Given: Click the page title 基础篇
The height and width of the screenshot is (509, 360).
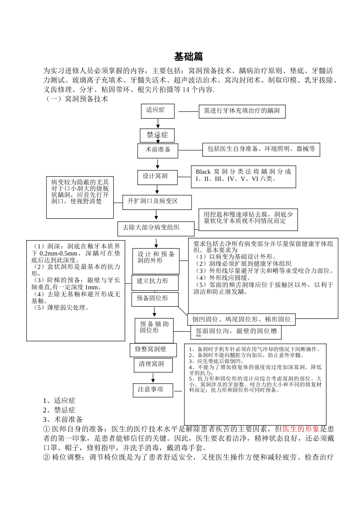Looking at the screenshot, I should (x=188, y=57).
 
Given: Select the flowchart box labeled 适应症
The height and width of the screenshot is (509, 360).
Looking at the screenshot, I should (x=158, y=111).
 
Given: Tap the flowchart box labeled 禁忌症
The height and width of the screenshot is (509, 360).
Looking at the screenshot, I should (x=157, y=135).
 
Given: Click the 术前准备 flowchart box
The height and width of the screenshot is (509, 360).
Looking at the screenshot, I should (x=158, y=150).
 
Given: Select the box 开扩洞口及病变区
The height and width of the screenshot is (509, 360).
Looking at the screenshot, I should (x=157, y=201).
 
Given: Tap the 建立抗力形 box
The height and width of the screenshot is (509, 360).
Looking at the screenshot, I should (x=155, y=282).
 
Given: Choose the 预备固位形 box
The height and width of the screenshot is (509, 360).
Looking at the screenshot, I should (x=155, y=299).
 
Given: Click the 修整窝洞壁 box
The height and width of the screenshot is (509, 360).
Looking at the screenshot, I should (x=153, y=350).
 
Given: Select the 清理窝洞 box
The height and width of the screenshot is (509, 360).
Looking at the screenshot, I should (x=153, y=365).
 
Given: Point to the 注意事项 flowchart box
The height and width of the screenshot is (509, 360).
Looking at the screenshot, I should (x=153, y=390).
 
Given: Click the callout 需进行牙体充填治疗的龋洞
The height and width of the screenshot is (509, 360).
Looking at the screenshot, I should (x=242, y=111).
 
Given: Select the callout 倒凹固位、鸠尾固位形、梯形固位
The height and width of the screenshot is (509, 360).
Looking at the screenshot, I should (x=241, y=319).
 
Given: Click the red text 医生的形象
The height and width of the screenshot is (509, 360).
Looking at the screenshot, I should (x=301, y=429).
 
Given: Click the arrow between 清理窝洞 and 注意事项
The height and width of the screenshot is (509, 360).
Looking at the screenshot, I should (x=153, y=378).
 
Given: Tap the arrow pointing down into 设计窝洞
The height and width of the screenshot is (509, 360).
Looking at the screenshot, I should (x=158, y=164).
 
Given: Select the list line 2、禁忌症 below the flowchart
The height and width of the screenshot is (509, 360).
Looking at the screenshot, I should (x=59, y=410).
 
